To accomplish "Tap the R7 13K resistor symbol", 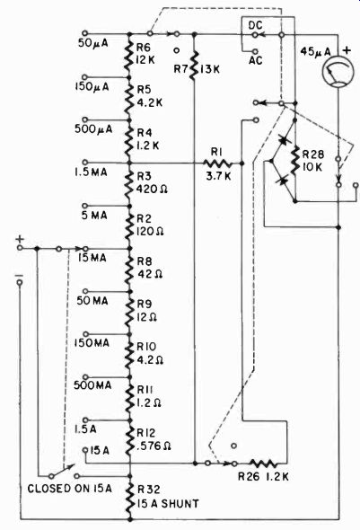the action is tap(193, 66).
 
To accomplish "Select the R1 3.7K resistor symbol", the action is tap(217, 163).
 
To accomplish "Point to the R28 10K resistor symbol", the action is tap(295, 160).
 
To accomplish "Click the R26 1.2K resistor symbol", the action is tap(264, 463).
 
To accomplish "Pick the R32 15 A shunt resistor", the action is tap(129, 498).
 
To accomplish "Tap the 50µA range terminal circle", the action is tap(85, 33).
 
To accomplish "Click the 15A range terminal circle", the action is tap(85, 450).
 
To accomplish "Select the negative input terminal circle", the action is tap(20, 282).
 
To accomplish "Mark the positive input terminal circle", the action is tap(20, 248).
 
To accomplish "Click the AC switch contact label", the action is tap(256, 60).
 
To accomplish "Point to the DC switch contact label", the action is tap(255, 25).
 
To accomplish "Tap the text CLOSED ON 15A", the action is tap(69, 489).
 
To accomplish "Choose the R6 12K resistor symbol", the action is tap(129, 56).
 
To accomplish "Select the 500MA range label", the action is tap(92, 385).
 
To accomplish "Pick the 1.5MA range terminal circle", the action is tap(85, 163).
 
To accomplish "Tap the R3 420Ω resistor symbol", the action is tap(129, 184).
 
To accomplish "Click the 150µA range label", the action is tap(92, 87).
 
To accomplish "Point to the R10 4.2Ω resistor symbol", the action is tap(129, 356).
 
